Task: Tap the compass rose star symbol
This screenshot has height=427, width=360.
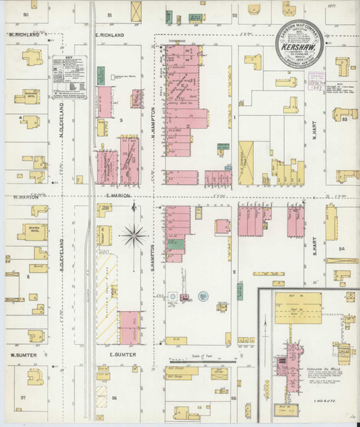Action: click(x=134, y=234)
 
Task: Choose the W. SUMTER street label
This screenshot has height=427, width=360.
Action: click(x=23, y=354)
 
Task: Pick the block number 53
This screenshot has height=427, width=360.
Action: click(x=344, y=120)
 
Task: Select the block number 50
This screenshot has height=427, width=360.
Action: click(x=26, y=14)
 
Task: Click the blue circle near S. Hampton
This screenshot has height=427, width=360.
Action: click(x=203, y=295)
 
